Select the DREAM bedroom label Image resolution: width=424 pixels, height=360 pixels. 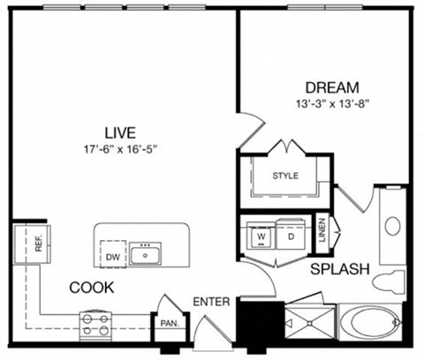[332, 87]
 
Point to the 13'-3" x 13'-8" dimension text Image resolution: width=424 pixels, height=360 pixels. [332, 103]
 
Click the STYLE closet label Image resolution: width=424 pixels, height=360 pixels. [284, 176]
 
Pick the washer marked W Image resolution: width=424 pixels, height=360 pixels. [262, 236]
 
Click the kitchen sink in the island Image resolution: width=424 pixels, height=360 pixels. [146, 255]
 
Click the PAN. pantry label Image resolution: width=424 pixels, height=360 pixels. [167, 323]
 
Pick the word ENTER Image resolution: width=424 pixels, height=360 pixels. [213, 303]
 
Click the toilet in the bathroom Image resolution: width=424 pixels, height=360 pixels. [387, 282]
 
